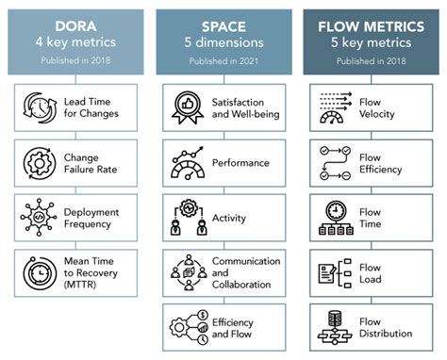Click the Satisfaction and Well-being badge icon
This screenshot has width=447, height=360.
pyautogui.click(x=189, y=106)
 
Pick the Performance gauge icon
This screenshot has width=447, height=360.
pyautogui.click(x=189, y=162)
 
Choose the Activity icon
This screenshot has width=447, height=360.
pyautogui.click(x=189, y=218)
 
